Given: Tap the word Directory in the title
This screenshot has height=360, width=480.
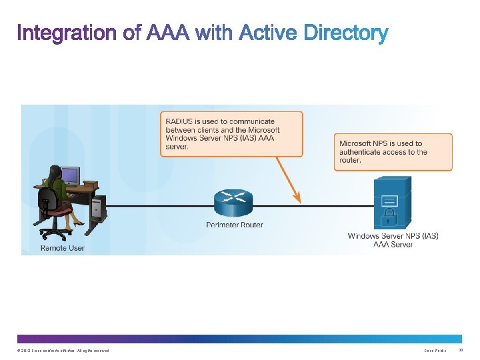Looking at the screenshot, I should tap(345, 33).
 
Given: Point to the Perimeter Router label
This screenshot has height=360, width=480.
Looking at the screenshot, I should tap(235, 225).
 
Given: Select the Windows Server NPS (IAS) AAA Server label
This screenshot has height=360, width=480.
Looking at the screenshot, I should tap(393, 240).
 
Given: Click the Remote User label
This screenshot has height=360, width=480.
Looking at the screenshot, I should tap(63, 248).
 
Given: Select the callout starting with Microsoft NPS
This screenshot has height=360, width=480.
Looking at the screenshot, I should tap(393, 152).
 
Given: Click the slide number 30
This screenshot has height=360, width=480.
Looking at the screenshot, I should tap(468, 350).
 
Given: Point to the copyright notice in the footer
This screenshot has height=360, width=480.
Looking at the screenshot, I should tap(64, 351).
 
